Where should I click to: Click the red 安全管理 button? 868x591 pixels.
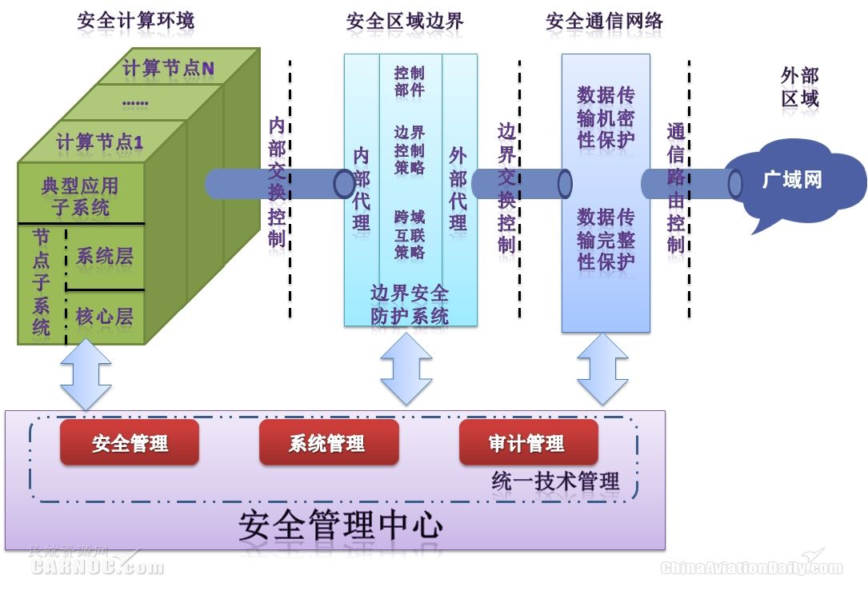[x=130, y=443]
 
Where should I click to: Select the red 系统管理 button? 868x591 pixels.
[x=328, y=443]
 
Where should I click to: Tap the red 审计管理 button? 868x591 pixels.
[x=528, y=443]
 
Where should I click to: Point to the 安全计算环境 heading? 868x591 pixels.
[x=135, y=21]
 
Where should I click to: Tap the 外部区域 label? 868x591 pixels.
[x=799, y=88]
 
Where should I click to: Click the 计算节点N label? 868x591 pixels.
[x=169, y=69]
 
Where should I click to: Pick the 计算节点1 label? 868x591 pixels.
[x=100, y=143]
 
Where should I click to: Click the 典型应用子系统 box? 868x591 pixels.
[x=80, y=197]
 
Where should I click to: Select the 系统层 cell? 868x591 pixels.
[x=105, y=257]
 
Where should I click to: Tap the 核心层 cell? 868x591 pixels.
[x=105, y=317]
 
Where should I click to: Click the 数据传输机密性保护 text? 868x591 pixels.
[x=606, y=118]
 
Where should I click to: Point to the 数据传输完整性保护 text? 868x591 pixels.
[x=606, y=239]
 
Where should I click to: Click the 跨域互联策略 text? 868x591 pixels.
[x=410, y=235]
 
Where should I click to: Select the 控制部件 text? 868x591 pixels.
[x=410, y=82]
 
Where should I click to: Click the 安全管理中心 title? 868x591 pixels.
[x=340, y=525]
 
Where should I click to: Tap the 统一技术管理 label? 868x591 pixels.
[x=555, y=481]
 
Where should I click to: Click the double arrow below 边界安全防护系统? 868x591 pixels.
[x=406, y=369]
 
